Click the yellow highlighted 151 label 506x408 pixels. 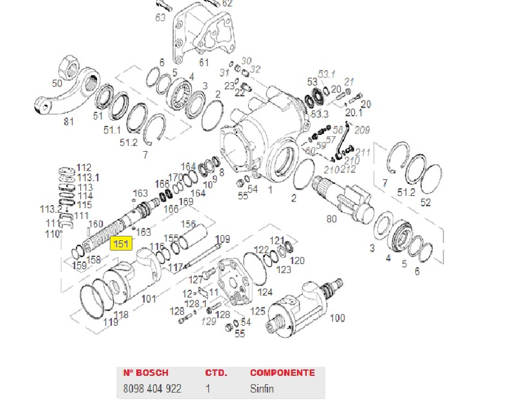click(x=121, y=244)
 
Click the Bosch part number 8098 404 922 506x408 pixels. click(x=152, y=388)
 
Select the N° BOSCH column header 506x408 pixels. click(x=145, y=373)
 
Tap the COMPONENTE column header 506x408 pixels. click(x=283, y=373)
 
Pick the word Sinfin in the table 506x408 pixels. click(x=261, y=388)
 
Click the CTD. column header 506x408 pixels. click(x=215, y=373)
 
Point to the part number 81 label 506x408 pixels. click(x=68, y=122)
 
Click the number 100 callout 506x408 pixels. click(x=337, y=318)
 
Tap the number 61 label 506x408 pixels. click(x=204, y=62)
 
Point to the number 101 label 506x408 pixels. click(x=149, y=298)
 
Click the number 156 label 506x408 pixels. click(x=188, y=224)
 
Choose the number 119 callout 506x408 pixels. click(x=110, y=322)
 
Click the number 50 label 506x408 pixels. click(x=56, y=83)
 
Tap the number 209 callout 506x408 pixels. click(x=362, y=130)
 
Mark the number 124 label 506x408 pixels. click(x=265, y=292)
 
